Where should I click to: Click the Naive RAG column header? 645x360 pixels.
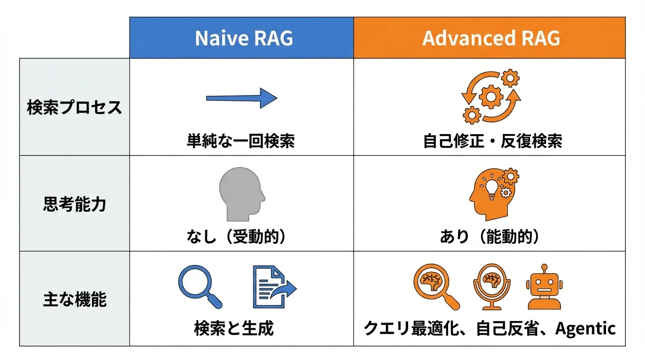[x=243, y=38]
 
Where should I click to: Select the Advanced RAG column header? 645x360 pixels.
[x=491, y=38]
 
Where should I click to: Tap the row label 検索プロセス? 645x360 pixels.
[x=75, y=107]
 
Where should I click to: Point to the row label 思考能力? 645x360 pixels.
[x=75, y=204]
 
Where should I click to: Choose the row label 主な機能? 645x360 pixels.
[x=75, y=299]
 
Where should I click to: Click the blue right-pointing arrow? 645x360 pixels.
[x=242, y=98]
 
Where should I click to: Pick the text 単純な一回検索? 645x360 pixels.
[x=241, y=141]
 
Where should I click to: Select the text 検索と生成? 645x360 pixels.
[x=233, y=328]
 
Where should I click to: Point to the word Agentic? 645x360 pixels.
[x=585, y=328]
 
